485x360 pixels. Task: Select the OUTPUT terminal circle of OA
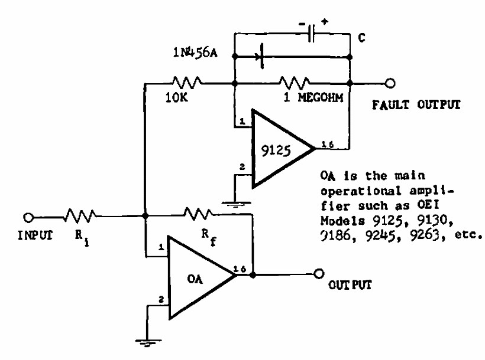320,274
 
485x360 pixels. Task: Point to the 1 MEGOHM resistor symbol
293,83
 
